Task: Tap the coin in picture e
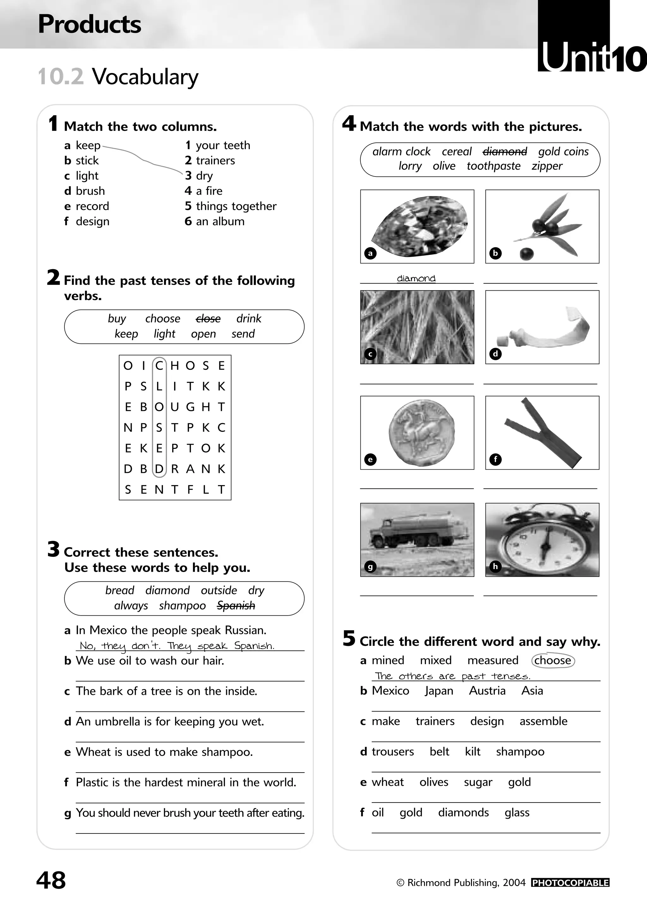[x=421, y=432]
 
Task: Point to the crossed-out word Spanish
[x=236, y=606]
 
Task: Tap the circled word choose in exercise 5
[x=553, y=660]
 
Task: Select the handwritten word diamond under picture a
[x=416, y=278]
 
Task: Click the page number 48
[x=51, y=880]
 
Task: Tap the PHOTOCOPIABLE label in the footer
[x=570, y=883]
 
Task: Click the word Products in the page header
[x=89, y=24]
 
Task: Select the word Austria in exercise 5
[x=487, y=691]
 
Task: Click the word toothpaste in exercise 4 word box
[x=493, y=166]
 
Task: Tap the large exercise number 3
[x=53, y=550]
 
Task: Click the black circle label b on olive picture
[x=495, y=253]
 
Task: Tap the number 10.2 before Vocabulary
[x=61, y=76]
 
